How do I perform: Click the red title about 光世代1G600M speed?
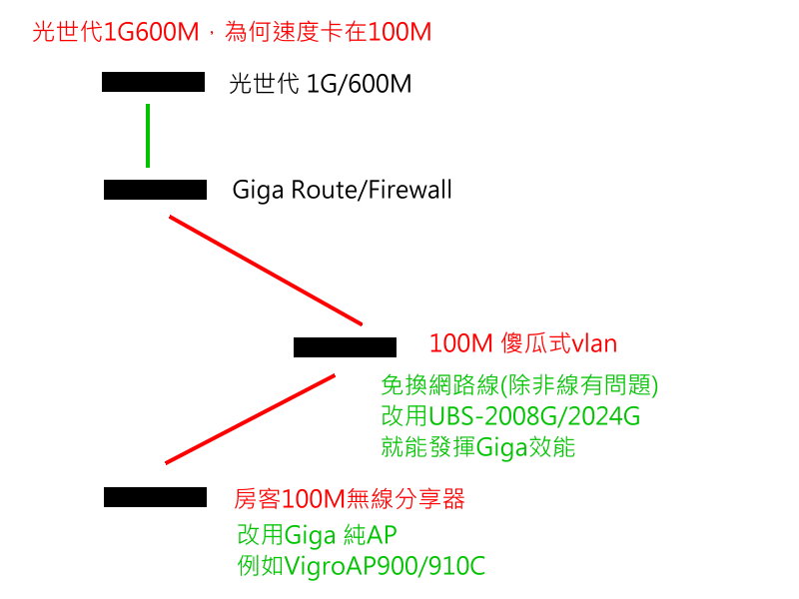[232, 32]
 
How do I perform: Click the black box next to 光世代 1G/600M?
[153, 82]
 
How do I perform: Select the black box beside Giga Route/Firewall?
[155, 190]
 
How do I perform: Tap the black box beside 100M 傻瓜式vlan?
[345, 347]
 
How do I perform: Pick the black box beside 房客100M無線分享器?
[155, 497]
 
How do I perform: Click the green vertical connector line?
[148, 135]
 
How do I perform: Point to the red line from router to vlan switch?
[266, 270]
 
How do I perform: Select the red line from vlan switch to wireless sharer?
[250, 419]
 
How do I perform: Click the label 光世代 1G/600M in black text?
[320, 84]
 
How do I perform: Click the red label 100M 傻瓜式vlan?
[523, 344]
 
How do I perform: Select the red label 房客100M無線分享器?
[350, 499]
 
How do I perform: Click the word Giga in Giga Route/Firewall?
[255, 190]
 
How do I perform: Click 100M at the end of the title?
[399, 32]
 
